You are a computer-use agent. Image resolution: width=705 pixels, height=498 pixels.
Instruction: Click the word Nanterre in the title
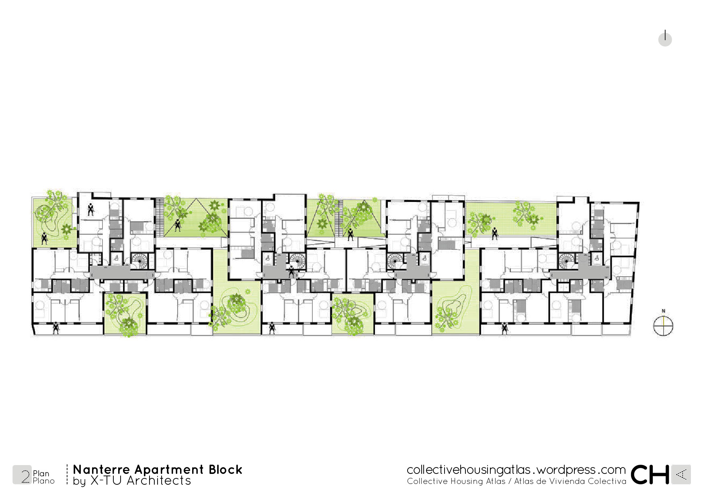[101, 469]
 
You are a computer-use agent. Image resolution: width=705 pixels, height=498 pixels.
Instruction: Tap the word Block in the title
[225, 469]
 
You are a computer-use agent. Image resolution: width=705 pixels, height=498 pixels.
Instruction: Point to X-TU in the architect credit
[106, 481]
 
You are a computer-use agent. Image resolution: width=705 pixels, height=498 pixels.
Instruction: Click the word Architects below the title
[159, 481]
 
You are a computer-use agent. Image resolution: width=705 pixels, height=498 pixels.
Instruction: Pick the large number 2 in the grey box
[25, 476]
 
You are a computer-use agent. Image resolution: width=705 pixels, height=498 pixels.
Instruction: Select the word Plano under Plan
[44, 481]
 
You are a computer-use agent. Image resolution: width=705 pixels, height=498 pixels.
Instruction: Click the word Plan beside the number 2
[41, 474]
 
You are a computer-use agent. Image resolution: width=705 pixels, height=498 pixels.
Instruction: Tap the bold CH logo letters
[650, 475]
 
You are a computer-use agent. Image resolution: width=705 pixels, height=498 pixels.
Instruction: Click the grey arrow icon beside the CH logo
[681, 475]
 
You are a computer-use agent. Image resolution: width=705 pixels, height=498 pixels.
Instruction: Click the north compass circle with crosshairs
[663, 326]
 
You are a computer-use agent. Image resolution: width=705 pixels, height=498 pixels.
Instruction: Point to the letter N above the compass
[663, 311]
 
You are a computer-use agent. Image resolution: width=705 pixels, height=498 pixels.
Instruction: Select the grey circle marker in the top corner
[665, 39]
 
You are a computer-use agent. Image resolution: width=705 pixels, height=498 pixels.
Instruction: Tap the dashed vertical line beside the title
[67, 475]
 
